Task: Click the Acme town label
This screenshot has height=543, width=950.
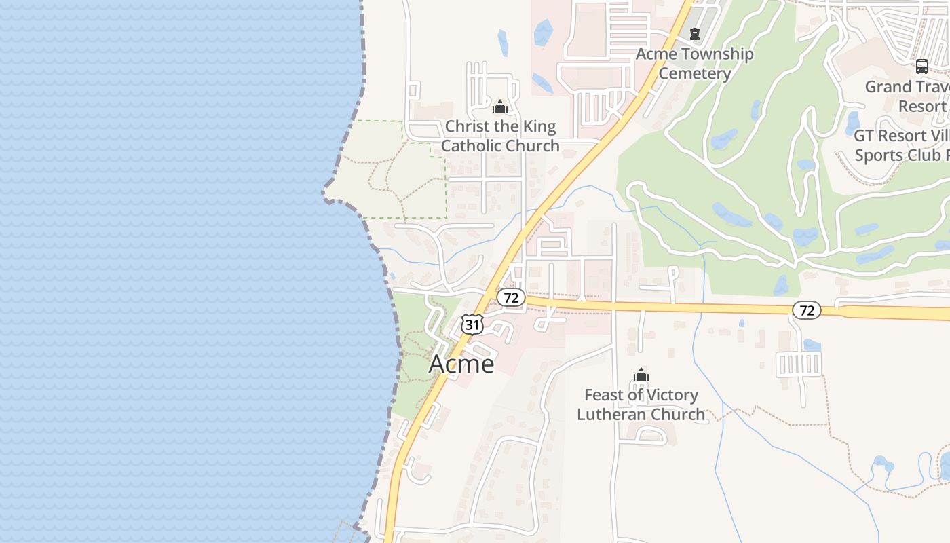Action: [461, 364]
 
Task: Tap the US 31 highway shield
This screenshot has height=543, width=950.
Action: [472, 324]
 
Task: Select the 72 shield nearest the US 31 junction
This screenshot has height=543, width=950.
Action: [511, 297]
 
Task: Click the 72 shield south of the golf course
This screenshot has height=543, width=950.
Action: [806, 310]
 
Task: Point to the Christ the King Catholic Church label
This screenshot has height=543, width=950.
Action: [500, 136]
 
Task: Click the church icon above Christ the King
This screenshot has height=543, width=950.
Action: [500, 107]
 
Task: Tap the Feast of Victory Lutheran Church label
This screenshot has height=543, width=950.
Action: [641, 405]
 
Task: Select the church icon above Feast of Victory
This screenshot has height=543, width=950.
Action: [641, 375]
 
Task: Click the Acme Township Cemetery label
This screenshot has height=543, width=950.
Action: [694, 63]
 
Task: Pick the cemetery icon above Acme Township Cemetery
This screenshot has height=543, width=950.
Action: [694, 33]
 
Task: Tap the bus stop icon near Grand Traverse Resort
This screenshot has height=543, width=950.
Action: [921, 67]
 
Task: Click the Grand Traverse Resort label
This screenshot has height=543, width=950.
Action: [907, 96]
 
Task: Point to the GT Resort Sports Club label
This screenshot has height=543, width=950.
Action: [901, 145]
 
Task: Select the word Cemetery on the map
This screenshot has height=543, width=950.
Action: [694, 73]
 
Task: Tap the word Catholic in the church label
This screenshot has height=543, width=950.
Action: [473, 145]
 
